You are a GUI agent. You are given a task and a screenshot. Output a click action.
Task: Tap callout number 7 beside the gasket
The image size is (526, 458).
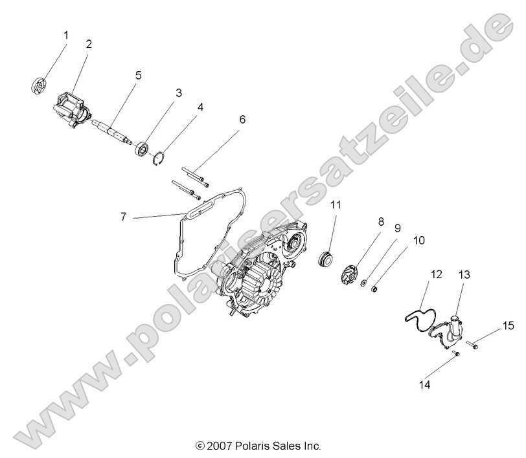123,217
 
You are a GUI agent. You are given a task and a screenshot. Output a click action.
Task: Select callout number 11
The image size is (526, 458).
336,205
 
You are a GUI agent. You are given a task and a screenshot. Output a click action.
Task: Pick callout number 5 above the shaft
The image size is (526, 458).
138,75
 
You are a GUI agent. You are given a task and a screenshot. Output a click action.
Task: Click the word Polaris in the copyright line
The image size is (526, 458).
249,446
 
